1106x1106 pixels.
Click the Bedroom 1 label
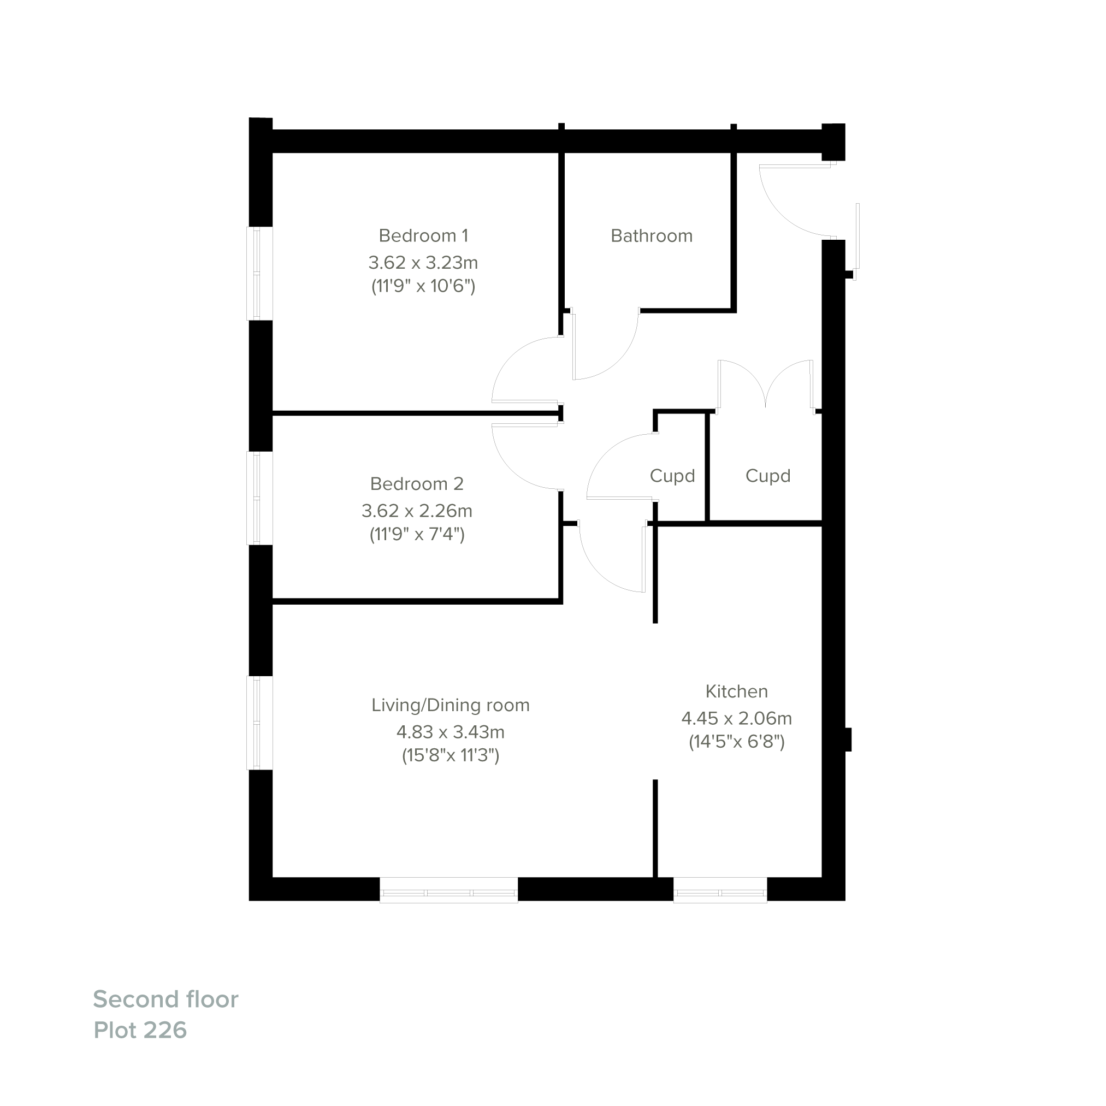[423, 235]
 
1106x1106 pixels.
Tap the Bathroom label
[652, 236]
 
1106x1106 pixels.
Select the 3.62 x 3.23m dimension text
[423, 263]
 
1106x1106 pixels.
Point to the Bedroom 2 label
[417, 484]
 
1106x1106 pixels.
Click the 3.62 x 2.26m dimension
[417, 511]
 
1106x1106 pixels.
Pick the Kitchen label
[736, 691]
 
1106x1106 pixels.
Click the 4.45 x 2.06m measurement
[736, 718]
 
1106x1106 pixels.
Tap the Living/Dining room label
[451, 705]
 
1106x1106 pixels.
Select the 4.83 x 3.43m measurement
[451, 732]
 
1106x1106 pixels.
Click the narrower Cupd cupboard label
[672, 476]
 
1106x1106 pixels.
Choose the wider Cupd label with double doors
[768, 476]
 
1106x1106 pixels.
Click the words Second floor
[165, 999]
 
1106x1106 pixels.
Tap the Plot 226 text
[140, 1030]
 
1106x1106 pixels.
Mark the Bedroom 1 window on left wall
[259, 273]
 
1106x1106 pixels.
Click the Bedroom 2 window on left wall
[259, 498]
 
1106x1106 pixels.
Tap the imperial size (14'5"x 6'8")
[736, 742]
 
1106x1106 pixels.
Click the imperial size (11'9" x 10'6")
[423, 286]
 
